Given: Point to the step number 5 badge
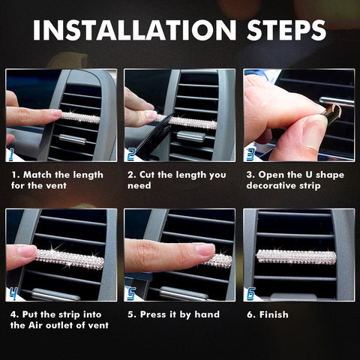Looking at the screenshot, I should point(131,293).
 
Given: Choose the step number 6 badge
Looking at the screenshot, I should point(250,293).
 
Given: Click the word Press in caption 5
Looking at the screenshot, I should point(156,314).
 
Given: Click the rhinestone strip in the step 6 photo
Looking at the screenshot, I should point(296,257).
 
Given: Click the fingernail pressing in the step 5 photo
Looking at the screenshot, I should point(204,249).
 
